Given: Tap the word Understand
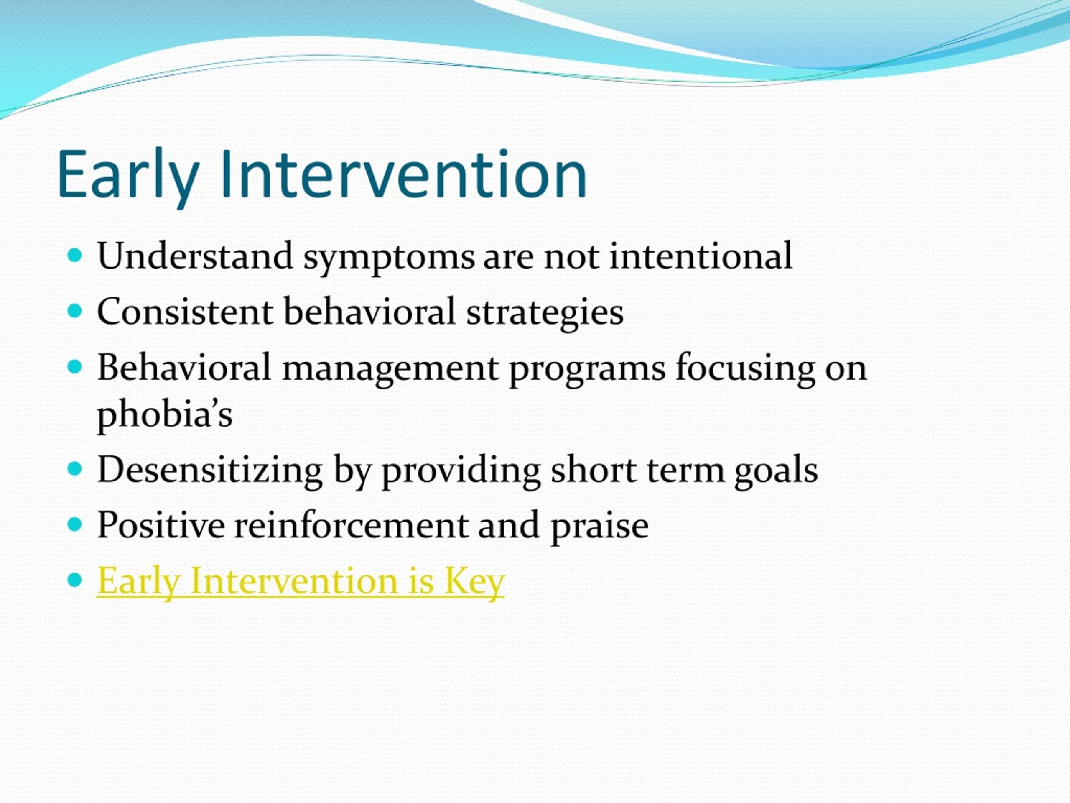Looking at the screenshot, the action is pyautogui.click(x=195, y=256).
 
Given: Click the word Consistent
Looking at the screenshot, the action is pyautogui.click(x=185, y=311).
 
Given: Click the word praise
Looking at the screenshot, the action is pyautogui.click(x=599, y=527).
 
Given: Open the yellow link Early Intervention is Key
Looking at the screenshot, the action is pyautogui.click(x=301, y=582).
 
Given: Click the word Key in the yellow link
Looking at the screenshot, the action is pyautogui.click(x=474, y=582).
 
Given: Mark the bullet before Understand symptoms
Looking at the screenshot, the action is pyautogui.click(x=76, y=255).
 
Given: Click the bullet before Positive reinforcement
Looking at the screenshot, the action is pyautogui.click(x=76, y=524).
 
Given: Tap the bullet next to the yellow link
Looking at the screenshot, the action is pyautogui.click(x=76, y=579).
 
